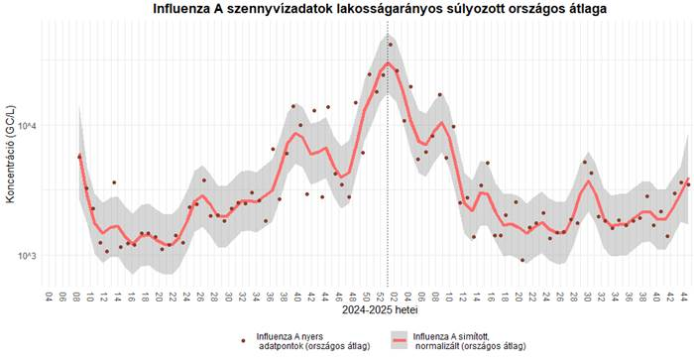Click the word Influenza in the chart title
click(187, 9)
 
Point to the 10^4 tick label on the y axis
click(30, 126)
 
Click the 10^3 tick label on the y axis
click(30, 256)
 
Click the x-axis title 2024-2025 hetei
click(368, 311)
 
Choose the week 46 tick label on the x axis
click(337, 297)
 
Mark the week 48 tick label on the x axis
click(351, 297)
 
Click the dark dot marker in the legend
click(244, 340)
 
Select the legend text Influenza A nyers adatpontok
click(313, 340)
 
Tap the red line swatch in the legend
click(399, 340)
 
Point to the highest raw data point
click(391, 45)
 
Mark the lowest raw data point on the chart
click(522, 261)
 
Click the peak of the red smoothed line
click(389, 63)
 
